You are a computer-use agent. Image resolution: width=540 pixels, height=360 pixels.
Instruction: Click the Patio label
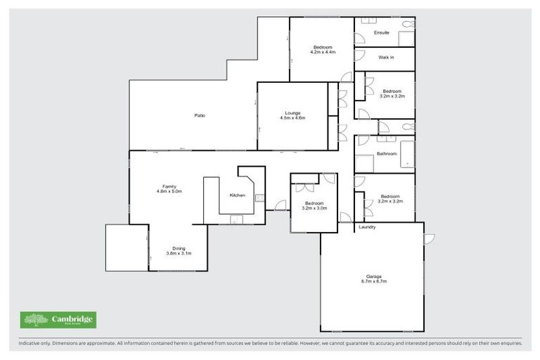(x=200, y=115)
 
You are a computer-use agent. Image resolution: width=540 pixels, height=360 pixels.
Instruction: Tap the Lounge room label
(x=292, y=112)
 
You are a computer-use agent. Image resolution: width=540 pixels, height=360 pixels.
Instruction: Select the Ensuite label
(x=382, y=32)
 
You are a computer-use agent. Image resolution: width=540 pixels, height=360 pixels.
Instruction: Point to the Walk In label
(x=385, y=58)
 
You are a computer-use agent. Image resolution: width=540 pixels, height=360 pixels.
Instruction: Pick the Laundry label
(x=367, y=227)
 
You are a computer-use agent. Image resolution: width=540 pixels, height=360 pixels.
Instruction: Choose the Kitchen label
(x=238, y=195)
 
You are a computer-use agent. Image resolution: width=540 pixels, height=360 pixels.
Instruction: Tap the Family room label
(x=169, y=186)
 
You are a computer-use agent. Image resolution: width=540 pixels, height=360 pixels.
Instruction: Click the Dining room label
(x=179, y=247)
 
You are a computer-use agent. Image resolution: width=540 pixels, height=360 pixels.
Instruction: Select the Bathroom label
(x=387, y=153)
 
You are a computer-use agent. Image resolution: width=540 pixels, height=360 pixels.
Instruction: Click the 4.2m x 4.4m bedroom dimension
(x=323, y=52)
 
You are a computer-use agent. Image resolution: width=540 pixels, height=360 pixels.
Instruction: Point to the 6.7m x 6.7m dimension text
(x=372, y=281)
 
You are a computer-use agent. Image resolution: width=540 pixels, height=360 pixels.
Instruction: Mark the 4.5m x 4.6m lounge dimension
(x=292, y=118)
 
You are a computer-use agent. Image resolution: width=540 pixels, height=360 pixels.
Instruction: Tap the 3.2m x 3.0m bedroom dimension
(x=314, y=208)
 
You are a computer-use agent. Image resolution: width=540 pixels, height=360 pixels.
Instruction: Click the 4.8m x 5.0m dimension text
(x=169, y=191)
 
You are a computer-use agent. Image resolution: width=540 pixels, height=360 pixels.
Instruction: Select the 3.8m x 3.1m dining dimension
(x=179, y=253)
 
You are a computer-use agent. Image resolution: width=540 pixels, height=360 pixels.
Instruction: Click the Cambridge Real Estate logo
(x=58, y=320)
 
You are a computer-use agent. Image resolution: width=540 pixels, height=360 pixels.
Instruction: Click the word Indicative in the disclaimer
(x=30, y=344)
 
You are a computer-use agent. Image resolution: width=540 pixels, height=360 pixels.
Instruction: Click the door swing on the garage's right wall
(x=428, y=238)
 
